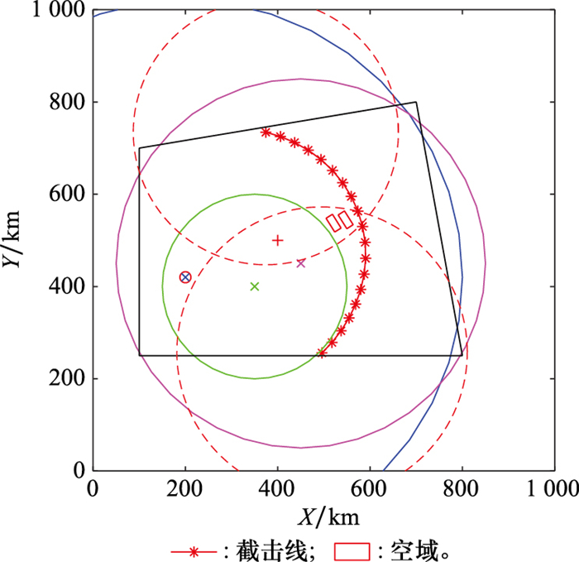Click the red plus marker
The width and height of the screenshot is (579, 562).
(278, 240)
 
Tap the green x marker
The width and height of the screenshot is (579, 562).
(255, 286)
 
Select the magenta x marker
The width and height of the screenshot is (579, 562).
(301, 263)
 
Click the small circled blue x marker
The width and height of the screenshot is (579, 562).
(185, 277)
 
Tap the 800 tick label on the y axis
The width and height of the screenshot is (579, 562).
(67, 103)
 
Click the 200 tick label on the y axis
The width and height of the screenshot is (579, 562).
(67, 379)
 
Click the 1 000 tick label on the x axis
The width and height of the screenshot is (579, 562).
(553, 488)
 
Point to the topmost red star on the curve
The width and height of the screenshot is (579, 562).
(266, 132)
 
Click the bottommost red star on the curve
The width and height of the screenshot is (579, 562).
(322, 353)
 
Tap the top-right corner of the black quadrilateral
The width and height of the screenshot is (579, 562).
(416, 103)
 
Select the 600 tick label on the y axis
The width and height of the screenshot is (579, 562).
(67, 195)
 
